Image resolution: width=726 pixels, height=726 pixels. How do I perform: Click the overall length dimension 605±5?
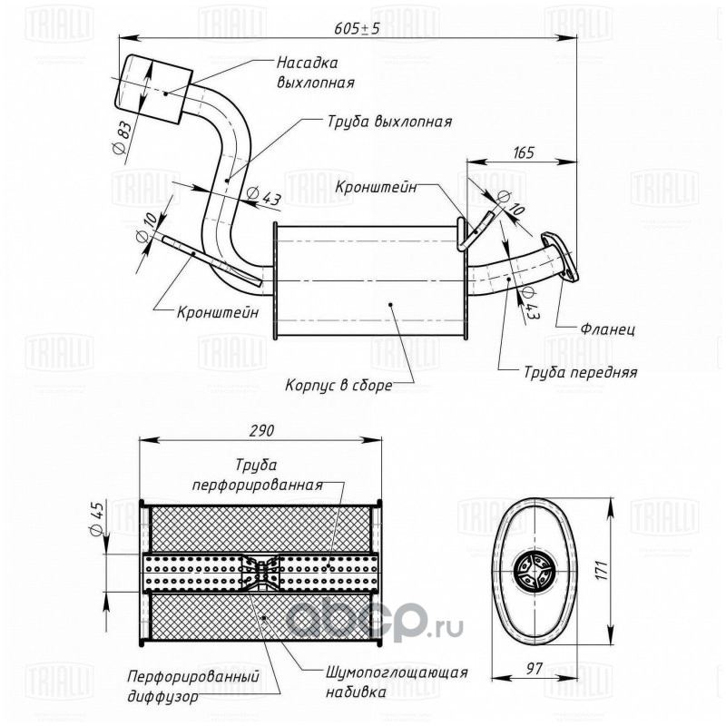point(357,28)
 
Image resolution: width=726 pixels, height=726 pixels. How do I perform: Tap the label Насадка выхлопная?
point(315,73)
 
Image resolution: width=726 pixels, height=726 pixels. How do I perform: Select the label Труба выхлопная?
point(389,122)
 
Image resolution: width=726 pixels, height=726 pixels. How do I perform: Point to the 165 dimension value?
point(524,152)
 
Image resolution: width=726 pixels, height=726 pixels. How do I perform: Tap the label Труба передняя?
point(581,372)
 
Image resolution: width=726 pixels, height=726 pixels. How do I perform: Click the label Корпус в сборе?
point(338,385)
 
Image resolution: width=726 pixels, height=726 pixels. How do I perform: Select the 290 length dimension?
point(262,430)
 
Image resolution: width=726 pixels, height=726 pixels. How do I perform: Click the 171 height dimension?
point(601,569)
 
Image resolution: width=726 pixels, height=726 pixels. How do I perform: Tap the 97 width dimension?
point(534,668)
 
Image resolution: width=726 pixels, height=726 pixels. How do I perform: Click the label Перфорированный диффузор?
point(193,686)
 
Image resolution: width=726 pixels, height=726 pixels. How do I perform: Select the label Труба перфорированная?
point(257,475)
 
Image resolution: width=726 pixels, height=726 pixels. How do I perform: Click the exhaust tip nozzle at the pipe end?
point(153,89)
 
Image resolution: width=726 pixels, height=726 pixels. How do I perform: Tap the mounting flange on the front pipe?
point(559,256)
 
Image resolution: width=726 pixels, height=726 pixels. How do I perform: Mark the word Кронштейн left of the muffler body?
point(218,312)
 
